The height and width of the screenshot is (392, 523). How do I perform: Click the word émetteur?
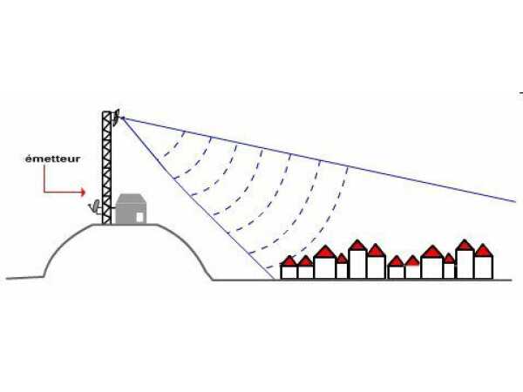point(52,159)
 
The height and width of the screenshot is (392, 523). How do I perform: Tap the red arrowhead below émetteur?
point(83,192)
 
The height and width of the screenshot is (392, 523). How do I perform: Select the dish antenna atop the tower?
point(116,118)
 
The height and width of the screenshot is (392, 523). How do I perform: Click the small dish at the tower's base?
point(95,206)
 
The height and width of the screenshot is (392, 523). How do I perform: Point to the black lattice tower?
point(106,167)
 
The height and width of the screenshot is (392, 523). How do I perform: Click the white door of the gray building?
point(139,217)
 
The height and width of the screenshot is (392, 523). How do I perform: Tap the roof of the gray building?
point(131,199)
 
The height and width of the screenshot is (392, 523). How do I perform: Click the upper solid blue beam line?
point(319,159)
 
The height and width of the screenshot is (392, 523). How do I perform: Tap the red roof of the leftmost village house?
point(289,260)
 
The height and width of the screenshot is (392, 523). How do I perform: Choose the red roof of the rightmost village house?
point(484,251)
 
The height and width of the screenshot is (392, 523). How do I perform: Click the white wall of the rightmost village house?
point(484,267)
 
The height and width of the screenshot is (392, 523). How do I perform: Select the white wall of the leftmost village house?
point(289,272)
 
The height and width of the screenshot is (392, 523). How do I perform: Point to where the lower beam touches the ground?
point(275,280)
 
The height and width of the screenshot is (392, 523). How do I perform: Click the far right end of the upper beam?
point(516,202)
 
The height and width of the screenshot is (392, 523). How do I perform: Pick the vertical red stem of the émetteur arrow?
point(44,179)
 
